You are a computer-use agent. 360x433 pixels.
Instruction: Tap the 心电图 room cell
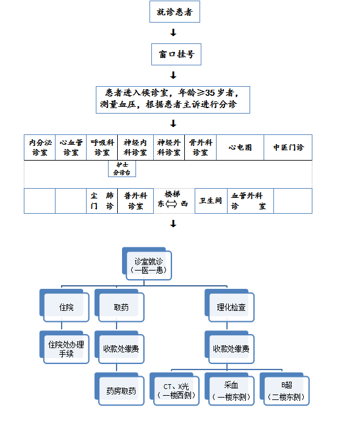[240, 147]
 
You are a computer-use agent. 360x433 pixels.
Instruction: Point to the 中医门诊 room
[288, 147]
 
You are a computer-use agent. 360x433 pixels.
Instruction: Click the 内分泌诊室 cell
[40, 147]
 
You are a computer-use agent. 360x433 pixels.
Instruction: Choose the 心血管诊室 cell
[71, 147]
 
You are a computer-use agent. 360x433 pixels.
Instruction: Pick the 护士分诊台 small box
[122, 169]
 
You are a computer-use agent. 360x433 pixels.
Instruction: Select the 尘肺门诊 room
[102, 201]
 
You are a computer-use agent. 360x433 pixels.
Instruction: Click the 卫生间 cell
[211, 201]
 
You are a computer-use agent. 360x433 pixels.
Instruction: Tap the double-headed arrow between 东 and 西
[171, 205]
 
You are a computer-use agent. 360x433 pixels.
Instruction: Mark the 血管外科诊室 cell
[248, 201]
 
